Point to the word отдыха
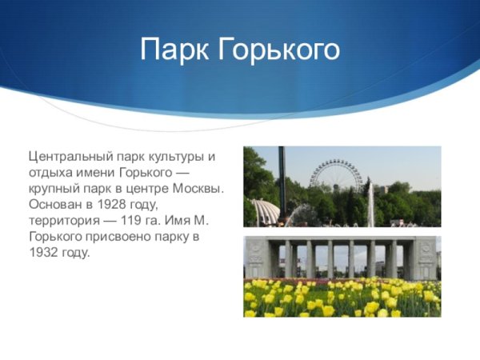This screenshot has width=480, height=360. pos(48,172)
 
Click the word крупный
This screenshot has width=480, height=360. pos(54,188)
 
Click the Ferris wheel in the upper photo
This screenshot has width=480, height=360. pos(335,178)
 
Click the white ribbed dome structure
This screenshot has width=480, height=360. pos(265,212)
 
